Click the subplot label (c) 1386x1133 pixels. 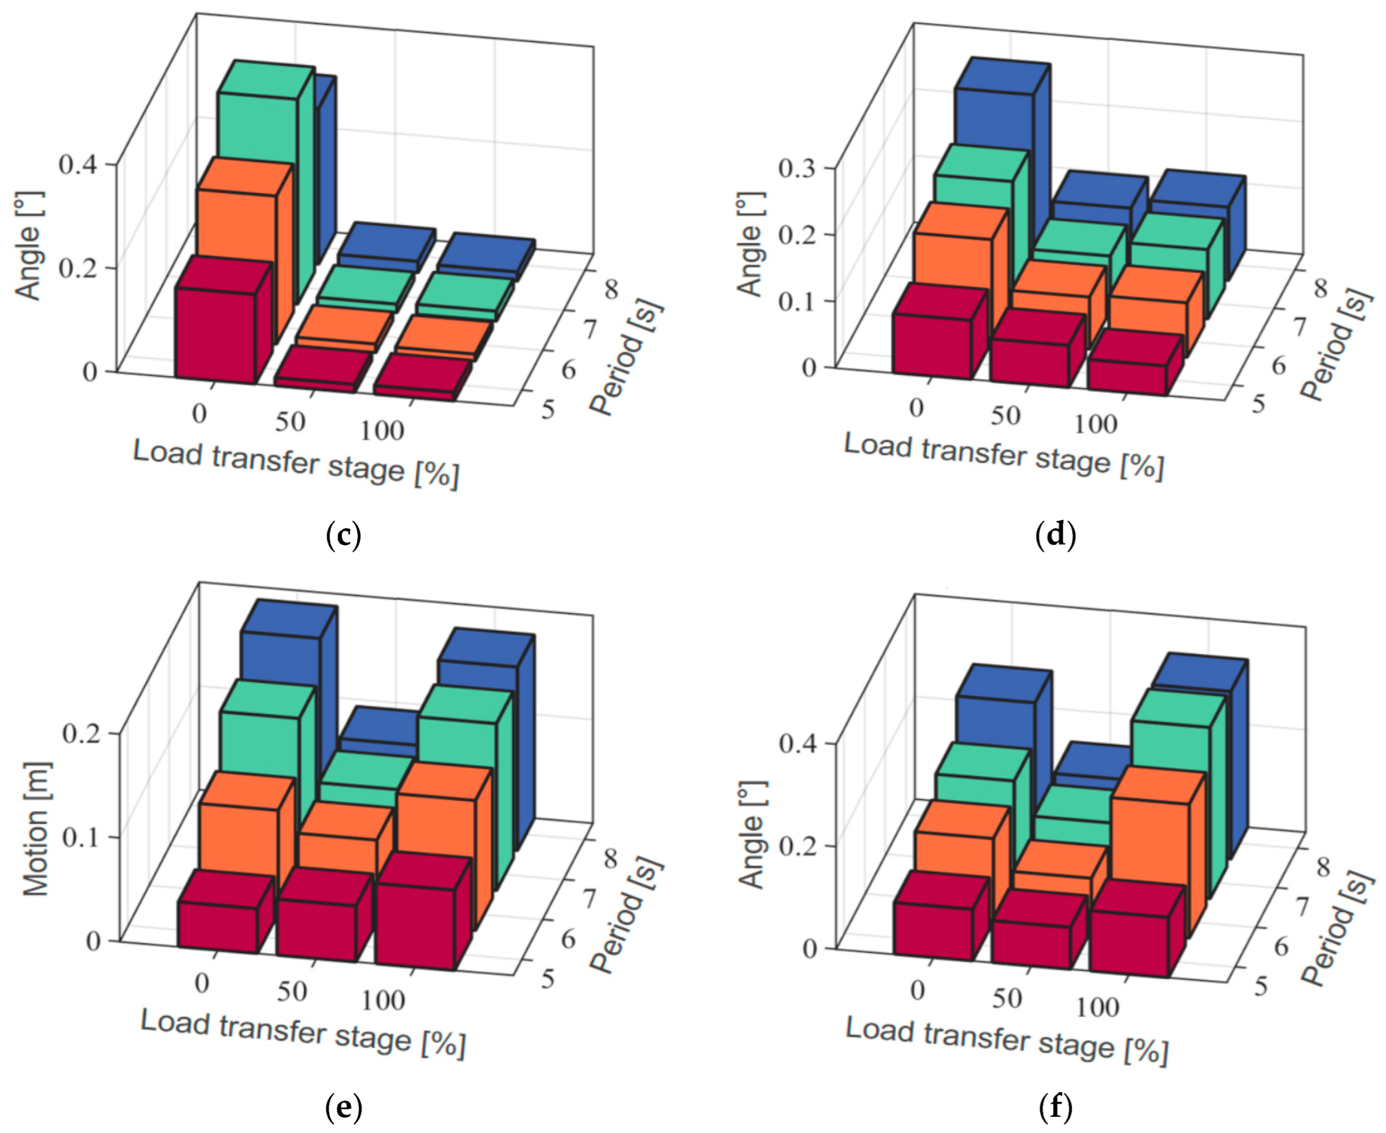pyautogui.click(x=342, y=535)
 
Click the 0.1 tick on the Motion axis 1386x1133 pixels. pyautogui.click(x=80, y=837)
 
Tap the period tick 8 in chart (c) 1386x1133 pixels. pyautogui.click(x=611, y=288)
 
